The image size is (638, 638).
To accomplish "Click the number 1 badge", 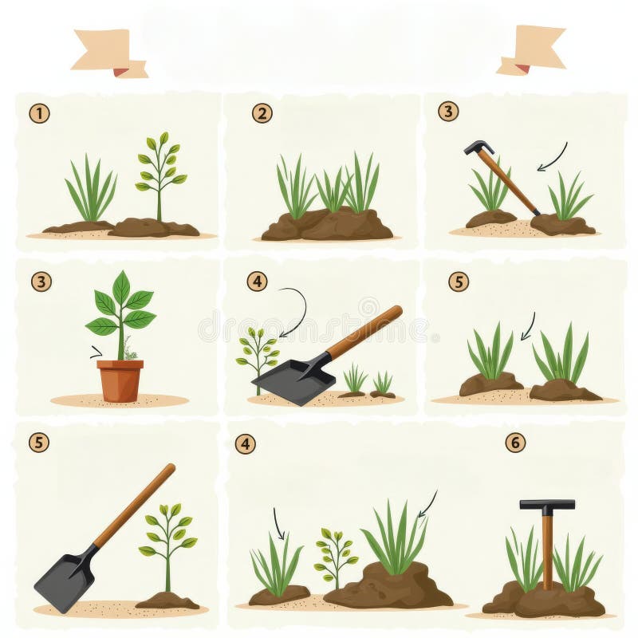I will click(x=39, y=114).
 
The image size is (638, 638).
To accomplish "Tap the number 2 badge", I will click(x=262, y=114).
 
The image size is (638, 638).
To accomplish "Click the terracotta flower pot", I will click(x=120, y=380).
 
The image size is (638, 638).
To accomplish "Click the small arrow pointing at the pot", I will click(x=96, y=352).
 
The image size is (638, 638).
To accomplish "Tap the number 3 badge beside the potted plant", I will click(x=41, y=282).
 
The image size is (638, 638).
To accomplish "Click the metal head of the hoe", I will click(x=478, y=148).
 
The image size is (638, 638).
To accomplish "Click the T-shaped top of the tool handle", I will click(x=547, y=505).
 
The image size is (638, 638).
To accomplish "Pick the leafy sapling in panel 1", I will click(x=159, y=171).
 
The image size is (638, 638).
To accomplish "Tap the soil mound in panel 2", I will click(x=327, y=226).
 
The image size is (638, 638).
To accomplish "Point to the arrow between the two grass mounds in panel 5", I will click(x=527, y=325).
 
